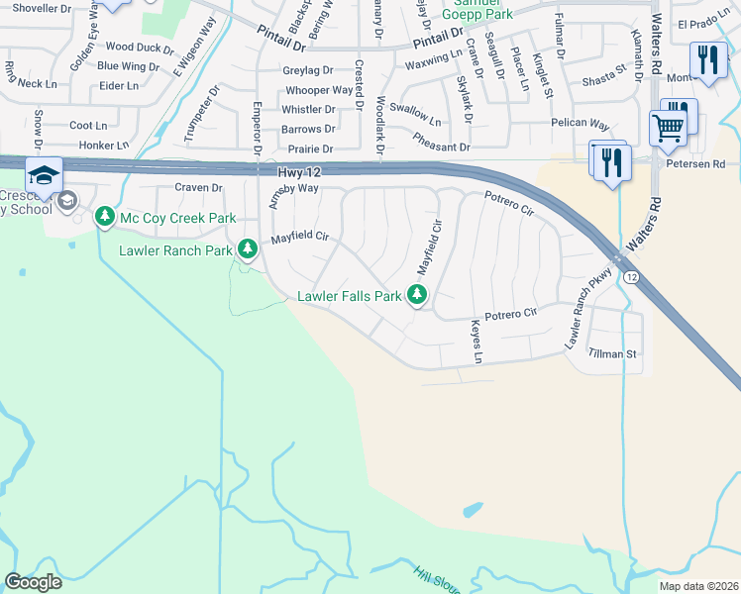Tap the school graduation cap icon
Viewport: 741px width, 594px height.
point(44,175)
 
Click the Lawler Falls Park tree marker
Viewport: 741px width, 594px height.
point(418,294)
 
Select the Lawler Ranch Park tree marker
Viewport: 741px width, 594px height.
point(246,250)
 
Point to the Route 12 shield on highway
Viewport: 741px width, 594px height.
point(631,276)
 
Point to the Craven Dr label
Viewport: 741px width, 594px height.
point(199,187)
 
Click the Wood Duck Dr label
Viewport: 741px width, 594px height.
point(140,47)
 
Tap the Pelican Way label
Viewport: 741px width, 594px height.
point(580,124)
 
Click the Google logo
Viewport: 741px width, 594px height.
point(34,581)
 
